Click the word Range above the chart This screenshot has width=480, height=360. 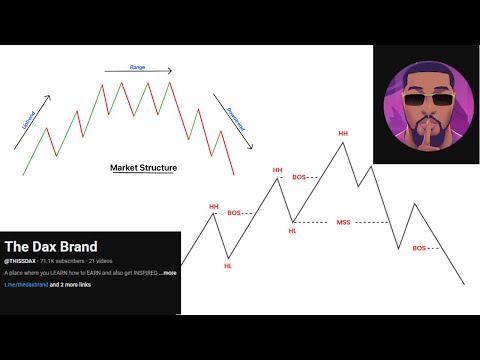pyautogui.click(x=137, y=66)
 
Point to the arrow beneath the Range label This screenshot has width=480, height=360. pyautogui.click(x=137, y=72)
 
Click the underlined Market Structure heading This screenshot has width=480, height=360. pyautogui.click(x=143, y=168)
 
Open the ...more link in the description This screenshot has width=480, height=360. pyautogui.click(x=167, y=272)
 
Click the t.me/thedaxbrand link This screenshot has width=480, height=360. pyautogui.click(x=26, y=285)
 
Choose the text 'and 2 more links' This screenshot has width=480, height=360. pyautogui.click(x=76, y=285)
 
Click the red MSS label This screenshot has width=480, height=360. pyautogui.click(x=344, y=222)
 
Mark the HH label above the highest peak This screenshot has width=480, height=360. pyautogui.click(x=343, y=133)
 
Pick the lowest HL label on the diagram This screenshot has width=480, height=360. pyautogui.click(x=228, y=266)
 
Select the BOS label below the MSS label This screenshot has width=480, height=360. pyautogui.click(x=419, y=248)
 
